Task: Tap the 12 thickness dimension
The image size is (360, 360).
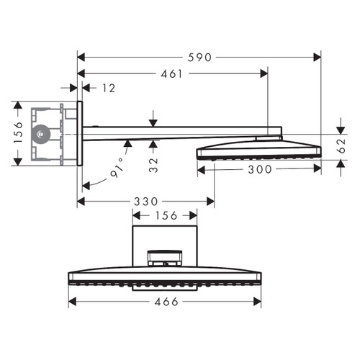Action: click(x=108, y=88)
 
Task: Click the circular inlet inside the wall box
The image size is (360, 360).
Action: click(x=42, y=133)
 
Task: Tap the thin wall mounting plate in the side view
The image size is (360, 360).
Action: click(x=80, y=134)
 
